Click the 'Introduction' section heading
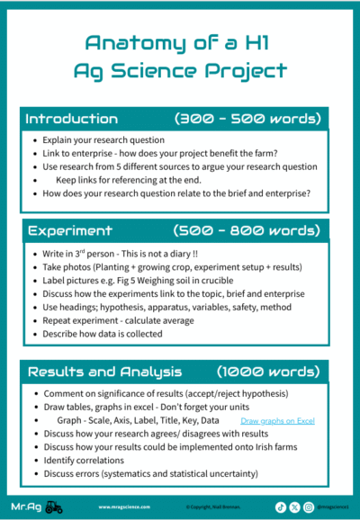[x=71, y=119]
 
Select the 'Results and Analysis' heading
[x=103, y=372]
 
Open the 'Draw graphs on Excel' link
[x=278, y=420]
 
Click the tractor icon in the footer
[x=54, y=507]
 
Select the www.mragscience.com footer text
[x=123, y=507]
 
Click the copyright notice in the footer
[x=211, y=507]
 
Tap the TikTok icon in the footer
[x=281, y=507]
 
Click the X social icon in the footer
[x=294, y=507]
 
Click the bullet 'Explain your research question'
[x=103, y=141]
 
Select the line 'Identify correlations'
[x=85, y=460]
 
